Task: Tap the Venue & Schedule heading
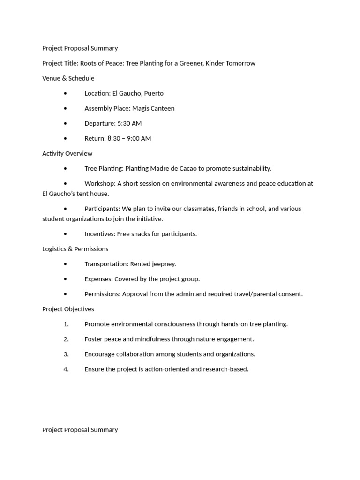coord(68,78)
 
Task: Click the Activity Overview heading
coord(67,153)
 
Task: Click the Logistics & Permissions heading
coord(75,249)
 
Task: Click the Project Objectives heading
coord(68,309)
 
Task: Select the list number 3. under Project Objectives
coord(66,354)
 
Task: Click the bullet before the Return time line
coord(66,138)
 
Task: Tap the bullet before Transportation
coord(66,264)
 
